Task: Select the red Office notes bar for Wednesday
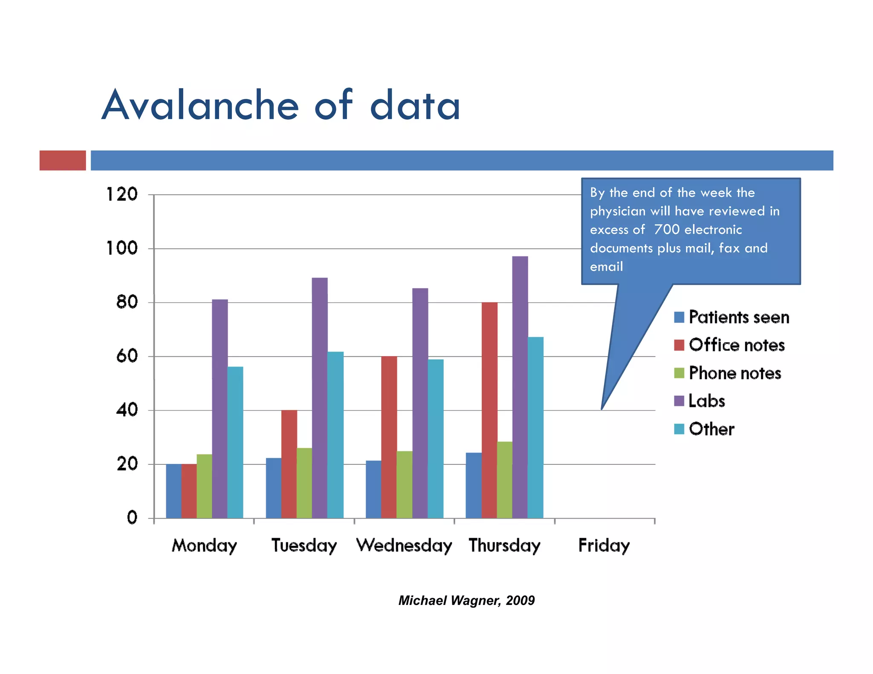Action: click(x=389, y=437)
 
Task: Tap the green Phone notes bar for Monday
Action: click(x=204, y=486)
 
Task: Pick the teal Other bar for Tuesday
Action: click(x=335, y=435)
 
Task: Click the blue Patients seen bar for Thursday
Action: click(x=473, y=485)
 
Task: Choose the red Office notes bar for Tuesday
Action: click(x=289, y=464)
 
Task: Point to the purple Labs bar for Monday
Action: click(x=220, y=409)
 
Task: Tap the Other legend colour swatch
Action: click(x=679, y=429)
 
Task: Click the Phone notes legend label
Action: click(x=735, y=373)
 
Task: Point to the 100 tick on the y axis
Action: click(x=122, y=248)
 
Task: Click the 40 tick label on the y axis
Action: click(x=127, y=410)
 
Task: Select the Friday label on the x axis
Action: click(x=604, y=545)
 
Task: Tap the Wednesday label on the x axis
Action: click(x=404, y=545)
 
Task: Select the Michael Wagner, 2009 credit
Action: click(x=466, y=600)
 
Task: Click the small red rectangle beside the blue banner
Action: click(x=63, y=160)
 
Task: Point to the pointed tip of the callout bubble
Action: click(x=602, y=409)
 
